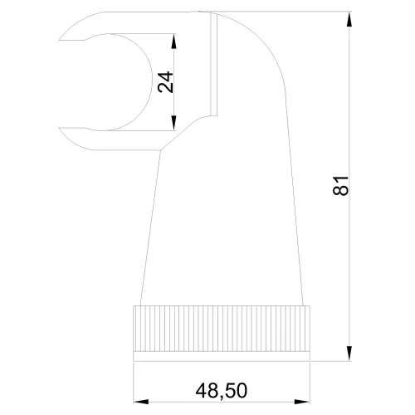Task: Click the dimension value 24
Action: tap(165, 82)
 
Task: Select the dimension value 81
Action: tap(340, 186)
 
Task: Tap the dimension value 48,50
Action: tap(222, 391)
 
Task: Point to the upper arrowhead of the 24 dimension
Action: tap(173, 41)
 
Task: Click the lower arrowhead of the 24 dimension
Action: tap(173, 123)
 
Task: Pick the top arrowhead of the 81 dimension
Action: tap(349, 19)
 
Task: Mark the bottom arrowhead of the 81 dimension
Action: tap(349, 354)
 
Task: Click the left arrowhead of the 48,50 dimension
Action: tap(141, 402)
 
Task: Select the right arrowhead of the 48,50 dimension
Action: tap(302, 402)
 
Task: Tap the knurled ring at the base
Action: tap(222, 329)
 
